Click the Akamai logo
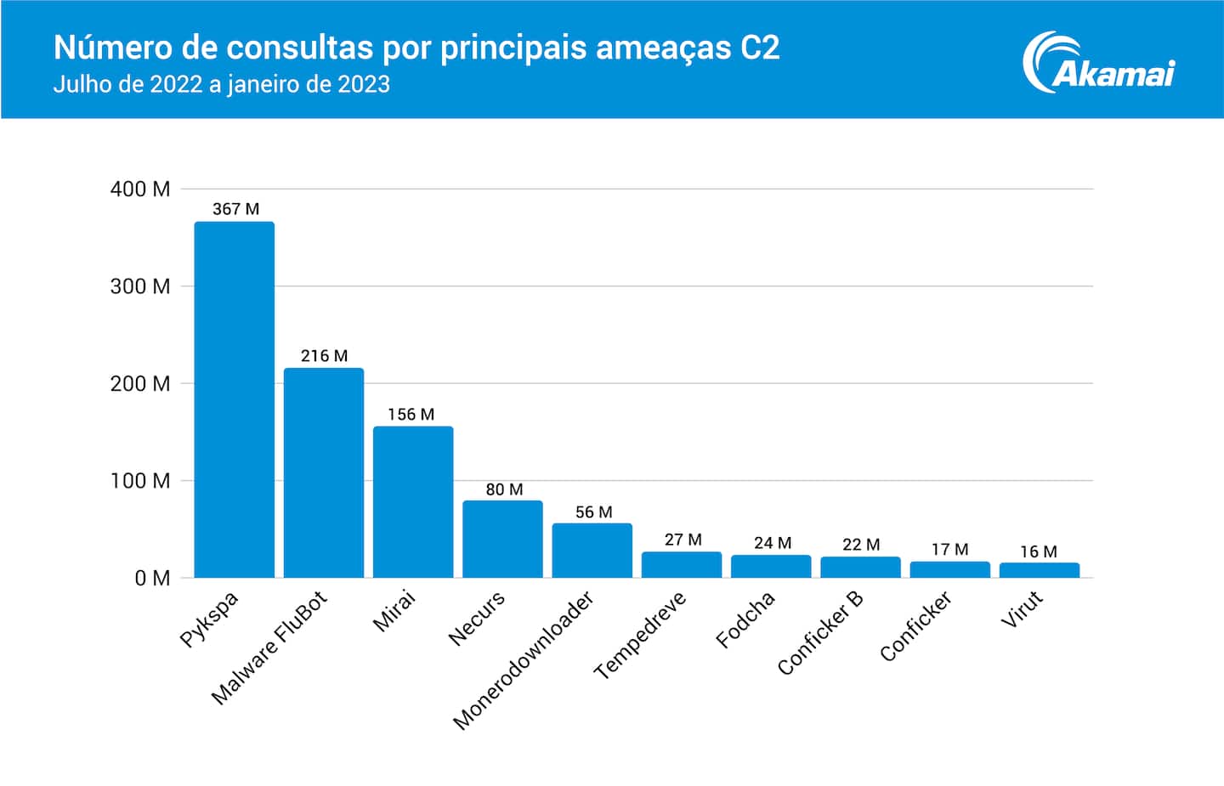click(x=1098, y=62)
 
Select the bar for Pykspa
click(x=234, y=399)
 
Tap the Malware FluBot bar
click(x=324, y=472)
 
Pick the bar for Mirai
click(x=413, y=501)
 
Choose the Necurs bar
click(x=502, y=539)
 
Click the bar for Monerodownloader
click(x=592, y=550)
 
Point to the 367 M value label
click(x=235, y=209)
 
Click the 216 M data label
click(x=324, y=356)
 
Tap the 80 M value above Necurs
click(x=504, y=489)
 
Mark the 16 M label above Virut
click(x=1039, y=551)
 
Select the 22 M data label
click(x=861, y=545)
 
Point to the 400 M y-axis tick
click(x=140, y=189)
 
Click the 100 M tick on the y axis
click(x=140, y=481)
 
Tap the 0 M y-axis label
click(x=152, y=579)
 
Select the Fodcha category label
click(x=745, y=619)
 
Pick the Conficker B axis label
click(x=820, y=633)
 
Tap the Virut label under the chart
click(x=1022, y=609)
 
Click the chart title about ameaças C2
click(x=416, y=48)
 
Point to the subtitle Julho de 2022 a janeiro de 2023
click(x=222, y=84)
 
